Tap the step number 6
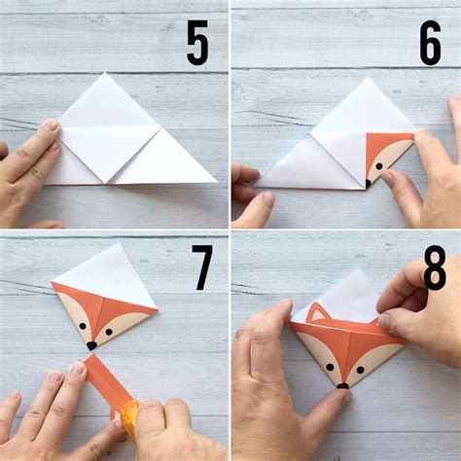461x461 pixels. click(x=430, y=44)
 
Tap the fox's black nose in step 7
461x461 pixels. click(x=90, y=344)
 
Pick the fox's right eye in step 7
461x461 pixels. click(x=108, y=332)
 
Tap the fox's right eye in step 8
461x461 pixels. click(x=360, y=368)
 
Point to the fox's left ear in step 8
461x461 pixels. click(x=316, y=314)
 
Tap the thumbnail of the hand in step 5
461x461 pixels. click(x=50, y=126)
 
